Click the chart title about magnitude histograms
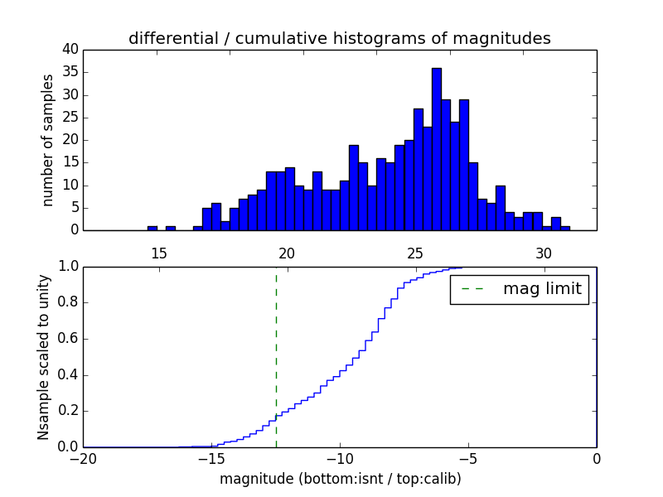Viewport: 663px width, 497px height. coord(339,39)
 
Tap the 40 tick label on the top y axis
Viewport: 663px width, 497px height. coord(70,50)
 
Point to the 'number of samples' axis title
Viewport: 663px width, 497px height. coord(48,140)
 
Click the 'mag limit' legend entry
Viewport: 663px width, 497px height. coord(520,290)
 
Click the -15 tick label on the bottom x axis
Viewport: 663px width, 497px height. coord(211,458)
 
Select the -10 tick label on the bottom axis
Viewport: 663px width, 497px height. coord(339,458)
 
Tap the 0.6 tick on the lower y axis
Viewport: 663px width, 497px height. coord(66,339)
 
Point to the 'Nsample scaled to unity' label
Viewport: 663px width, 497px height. coord(44,356)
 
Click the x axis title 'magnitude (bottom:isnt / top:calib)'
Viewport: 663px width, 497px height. coord(340,479)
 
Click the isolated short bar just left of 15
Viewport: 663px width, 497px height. coord(152,228)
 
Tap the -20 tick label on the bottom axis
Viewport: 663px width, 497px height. coord(83,458)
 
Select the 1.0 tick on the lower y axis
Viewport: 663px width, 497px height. coord(66,267)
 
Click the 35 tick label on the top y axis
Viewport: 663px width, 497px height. coord(70,72)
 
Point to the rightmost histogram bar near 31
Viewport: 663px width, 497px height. coord(565,228)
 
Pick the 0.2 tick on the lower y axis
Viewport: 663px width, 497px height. coord(66,411)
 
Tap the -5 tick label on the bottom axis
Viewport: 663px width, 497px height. coord(467,458)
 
